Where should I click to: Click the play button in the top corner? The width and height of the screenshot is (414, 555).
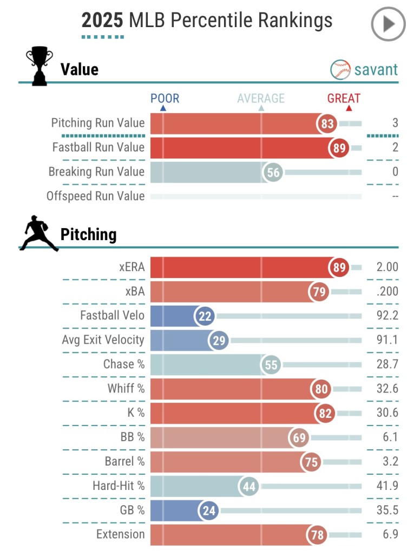tap(388, 24)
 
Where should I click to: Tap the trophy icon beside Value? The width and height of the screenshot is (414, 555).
tap(40, 67)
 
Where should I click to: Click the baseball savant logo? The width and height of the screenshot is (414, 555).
tap(364, 69)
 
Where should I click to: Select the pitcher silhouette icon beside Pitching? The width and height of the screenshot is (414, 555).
tap(39, 234)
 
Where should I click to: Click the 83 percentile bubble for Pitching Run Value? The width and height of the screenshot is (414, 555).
tap(327, 124)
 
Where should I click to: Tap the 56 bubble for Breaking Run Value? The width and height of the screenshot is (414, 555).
tap(273, 172)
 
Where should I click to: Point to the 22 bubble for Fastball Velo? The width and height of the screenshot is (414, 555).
tap(205, 316)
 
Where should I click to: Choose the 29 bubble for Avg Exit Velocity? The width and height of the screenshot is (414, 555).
tap(219, 340)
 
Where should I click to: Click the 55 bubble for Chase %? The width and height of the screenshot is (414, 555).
tap(271, 365)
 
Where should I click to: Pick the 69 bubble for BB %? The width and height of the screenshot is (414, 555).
tap(299, 438)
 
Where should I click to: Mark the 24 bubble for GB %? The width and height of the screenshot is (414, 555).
tap(208, 511)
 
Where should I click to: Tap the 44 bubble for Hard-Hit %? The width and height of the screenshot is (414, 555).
tap(248, 487)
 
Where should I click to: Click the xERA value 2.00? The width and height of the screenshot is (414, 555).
tap(387, 267)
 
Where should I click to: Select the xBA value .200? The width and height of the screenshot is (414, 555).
tap(387, 292)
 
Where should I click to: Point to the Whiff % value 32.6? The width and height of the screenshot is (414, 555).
tap(387, 389)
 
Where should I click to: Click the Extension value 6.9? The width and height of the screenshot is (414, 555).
tap(391, 534)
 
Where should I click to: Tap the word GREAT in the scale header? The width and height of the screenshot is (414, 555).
tap(344, 99)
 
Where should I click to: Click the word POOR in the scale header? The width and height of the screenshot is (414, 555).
tap(165, 99)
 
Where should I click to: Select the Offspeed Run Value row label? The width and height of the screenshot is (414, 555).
tap(96, 196)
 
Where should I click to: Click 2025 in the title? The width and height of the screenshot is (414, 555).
tap(103, 21)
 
